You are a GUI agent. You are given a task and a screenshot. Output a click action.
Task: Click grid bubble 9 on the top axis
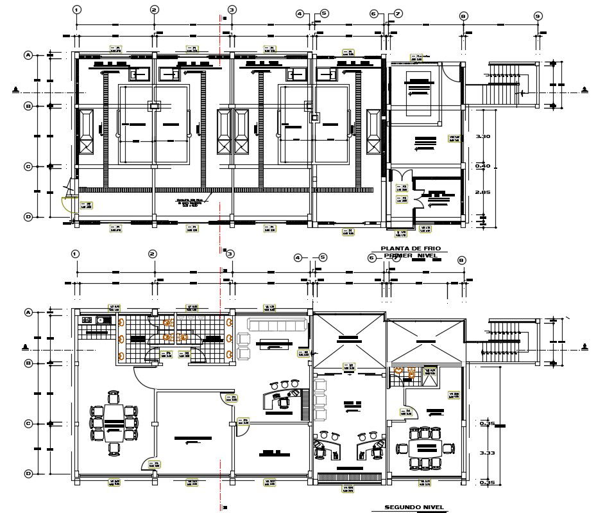point(538,16)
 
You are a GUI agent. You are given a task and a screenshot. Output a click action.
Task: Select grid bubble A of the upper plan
point(28,55)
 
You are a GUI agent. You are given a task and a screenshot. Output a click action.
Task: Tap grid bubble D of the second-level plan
point(28,474)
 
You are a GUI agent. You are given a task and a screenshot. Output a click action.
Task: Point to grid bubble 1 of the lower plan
point(76,254)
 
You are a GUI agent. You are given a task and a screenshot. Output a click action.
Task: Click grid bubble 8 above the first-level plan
point(463,16)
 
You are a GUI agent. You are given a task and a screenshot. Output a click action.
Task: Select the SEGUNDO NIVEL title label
point(413,507)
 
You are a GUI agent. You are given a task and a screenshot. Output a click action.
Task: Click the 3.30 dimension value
point(482,137)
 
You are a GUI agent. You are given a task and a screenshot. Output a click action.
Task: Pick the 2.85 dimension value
point(482,192)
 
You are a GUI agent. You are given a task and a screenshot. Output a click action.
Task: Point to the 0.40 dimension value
point(482,166)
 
